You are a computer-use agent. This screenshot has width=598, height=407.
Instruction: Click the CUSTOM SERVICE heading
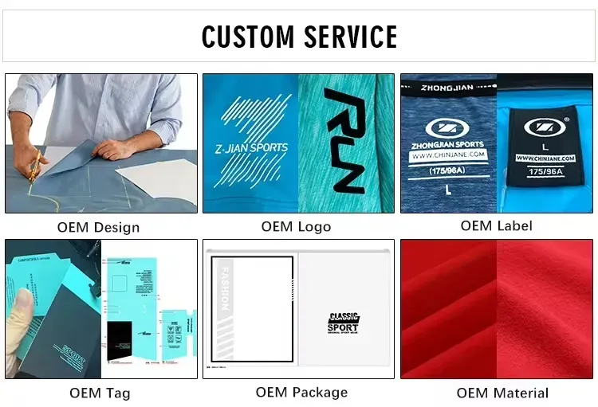coord(299,37)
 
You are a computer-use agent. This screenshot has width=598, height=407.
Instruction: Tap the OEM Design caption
coord(98,227)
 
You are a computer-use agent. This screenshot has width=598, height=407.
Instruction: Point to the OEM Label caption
coord(498,225)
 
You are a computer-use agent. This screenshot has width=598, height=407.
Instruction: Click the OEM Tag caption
coord(100,393)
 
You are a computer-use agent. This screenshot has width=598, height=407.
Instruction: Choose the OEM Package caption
coord(301,392)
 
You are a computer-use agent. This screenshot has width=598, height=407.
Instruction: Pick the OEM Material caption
coord(502,393)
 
